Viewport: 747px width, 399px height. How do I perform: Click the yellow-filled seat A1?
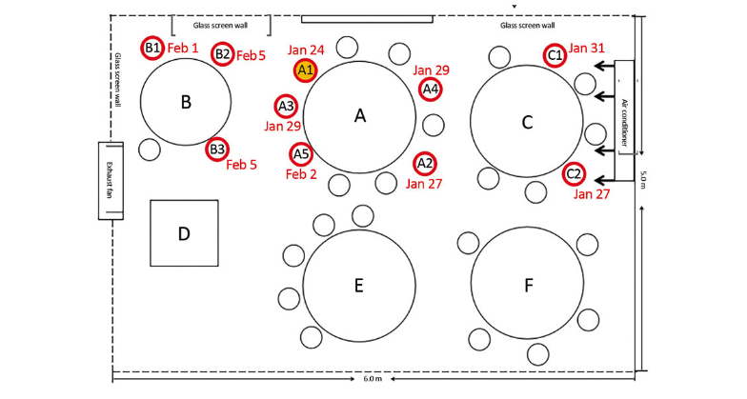click(x=306, y=70)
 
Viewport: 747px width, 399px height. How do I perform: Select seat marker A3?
click(x=287, y=106)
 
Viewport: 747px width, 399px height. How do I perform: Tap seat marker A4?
click(x=431, y=89)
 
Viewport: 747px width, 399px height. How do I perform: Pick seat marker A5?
click(x=301, y=153)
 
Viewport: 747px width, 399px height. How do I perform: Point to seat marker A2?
click(x=425, y=163)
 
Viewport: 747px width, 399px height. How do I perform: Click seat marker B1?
click(x=152, y=47)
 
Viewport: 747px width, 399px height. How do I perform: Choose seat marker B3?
click(x=217, y=149)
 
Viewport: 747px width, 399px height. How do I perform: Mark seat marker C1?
click(x=555, y=56)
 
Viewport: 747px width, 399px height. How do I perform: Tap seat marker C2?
click(x=574, y=174)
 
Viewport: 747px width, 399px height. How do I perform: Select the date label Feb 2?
click(x=301, y=174)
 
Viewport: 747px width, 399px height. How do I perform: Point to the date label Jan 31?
click(x=586, y=48)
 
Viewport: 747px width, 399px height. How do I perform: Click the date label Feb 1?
click(x=183, y=48)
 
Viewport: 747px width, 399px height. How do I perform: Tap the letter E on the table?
click(x=358, y=284)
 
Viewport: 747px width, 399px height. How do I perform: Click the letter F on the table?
click(x=528, y=284)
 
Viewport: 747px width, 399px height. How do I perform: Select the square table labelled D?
click(x=184, y=233)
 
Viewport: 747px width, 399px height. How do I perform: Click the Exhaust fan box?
click(x=110, y=181)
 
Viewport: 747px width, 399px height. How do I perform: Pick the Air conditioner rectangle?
click(x=625, y=120)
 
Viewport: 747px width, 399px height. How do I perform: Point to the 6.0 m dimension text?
click(x=373, y=379)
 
